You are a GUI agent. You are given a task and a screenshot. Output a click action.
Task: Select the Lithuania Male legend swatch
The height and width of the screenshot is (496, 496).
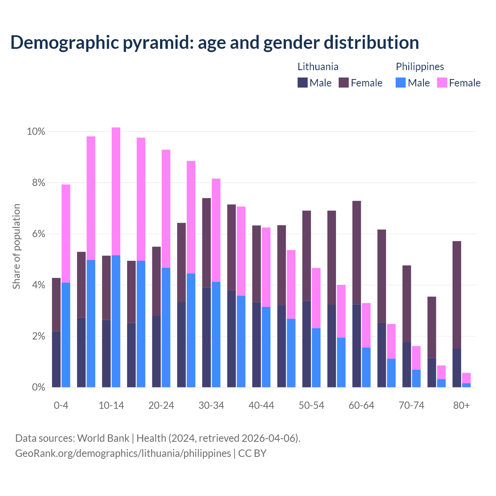coord(302,83)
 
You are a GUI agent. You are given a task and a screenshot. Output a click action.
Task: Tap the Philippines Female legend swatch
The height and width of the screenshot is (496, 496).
coord(442,83)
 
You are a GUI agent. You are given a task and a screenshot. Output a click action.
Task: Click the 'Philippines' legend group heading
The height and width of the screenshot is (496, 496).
coord(420,67)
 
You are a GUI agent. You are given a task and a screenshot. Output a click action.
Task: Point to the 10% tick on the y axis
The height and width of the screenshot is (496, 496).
coord(36,132)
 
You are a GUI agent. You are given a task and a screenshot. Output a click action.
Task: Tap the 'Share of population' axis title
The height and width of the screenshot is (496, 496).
coord(16,246)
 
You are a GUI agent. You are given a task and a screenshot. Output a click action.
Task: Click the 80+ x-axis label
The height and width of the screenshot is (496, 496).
coord(462,405)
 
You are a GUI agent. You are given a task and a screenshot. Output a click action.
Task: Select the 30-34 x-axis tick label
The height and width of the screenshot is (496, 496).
coord(211,405)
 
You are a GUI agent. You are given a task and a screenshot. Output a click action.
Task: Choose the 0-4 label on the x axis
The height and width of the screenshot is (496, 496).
coord(61,405)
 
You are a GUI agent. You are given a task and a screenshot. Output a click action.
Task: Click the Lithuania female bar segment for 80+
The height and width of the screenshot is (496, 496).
coord(457,294)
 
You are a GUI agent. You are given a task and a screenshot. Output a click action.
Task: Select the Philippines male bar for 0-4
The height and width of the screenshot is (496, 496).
coord(66,335)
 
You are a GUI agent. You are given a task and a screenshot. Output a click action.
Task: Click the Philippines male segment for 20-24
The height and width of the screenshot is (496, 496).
coord(166,327)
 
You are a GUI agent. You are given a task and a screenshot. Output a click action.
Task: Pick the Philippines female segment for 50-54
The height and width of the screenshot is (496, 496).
coord(316,298)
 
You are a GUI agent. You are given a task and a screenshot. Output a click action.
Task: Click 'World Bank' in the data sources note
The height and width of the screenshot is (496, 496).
coord(103,438)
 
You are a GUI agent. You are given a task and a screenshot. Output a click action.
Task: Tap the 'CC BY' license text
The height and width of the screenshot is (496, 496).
coord(252,453)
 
